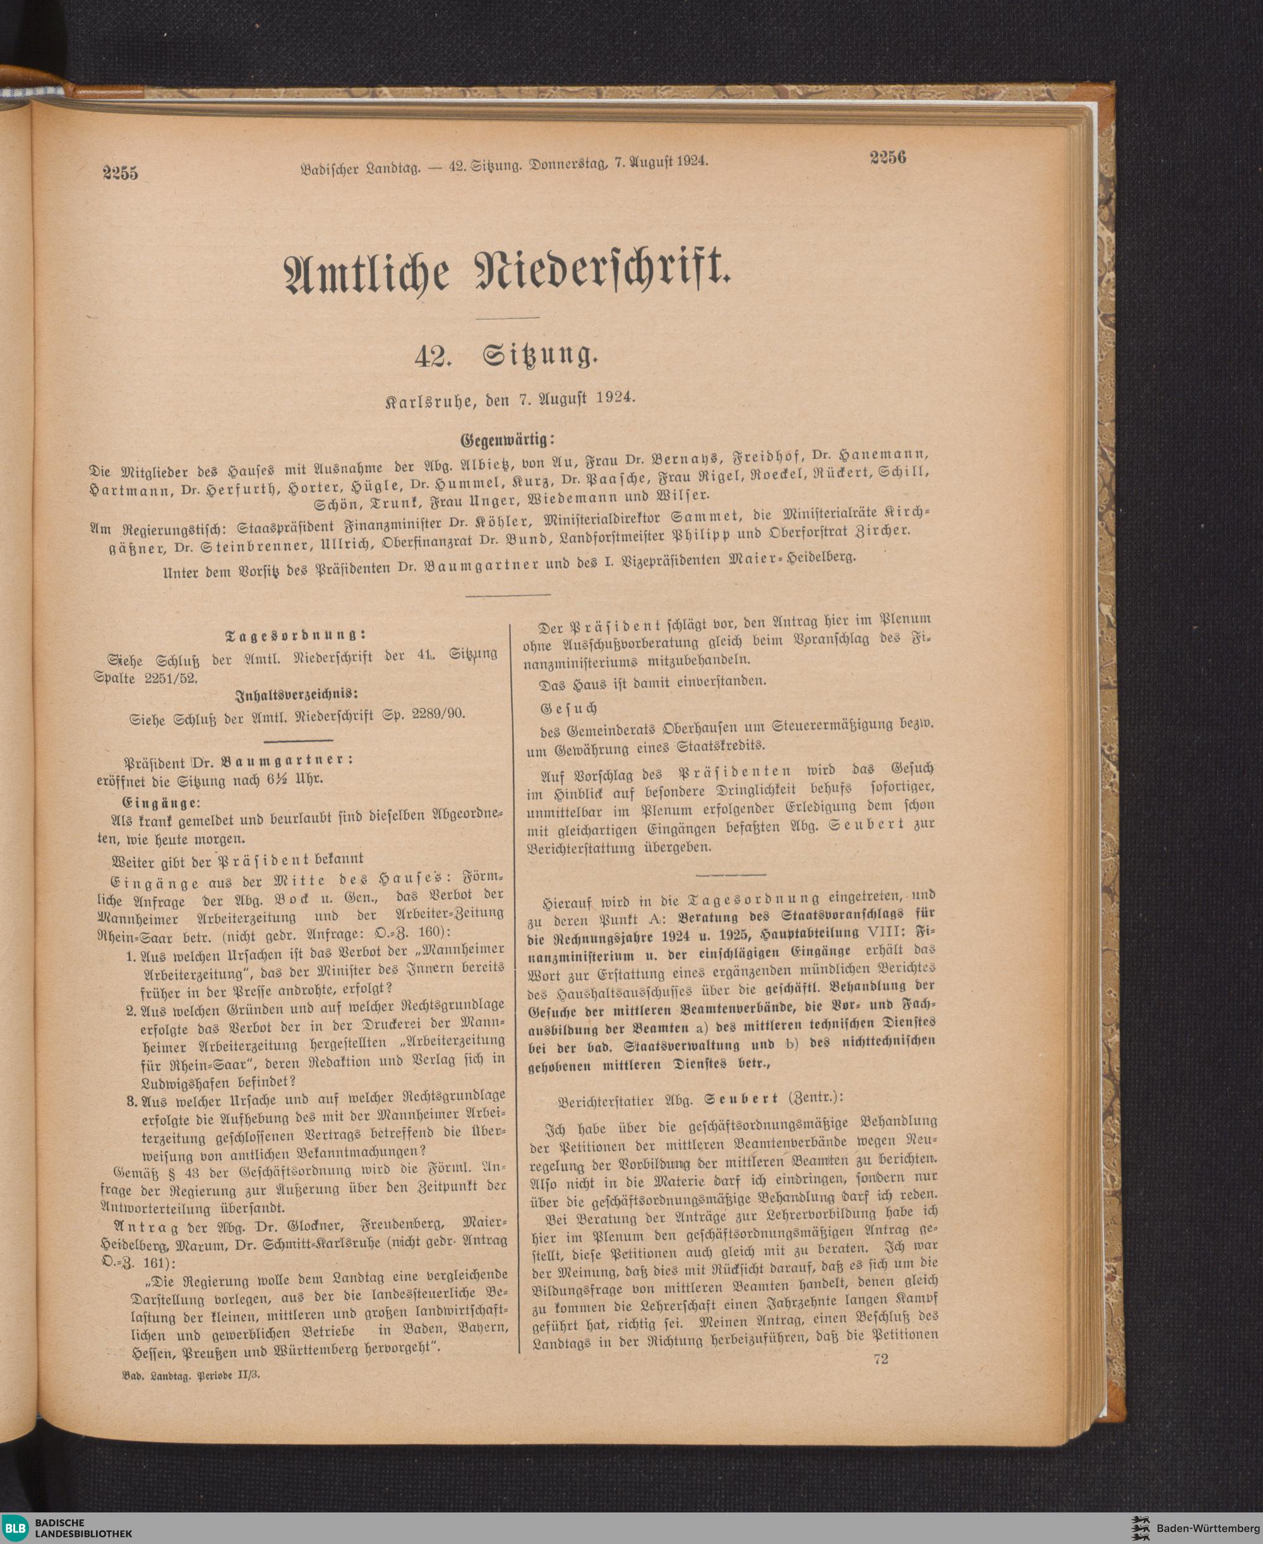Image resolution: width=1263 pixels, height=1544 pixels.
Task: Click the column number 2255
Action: (x=120, y=173)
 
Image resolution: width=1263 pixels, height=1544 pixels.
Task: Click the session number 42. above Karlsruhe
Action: (x=436, y=357)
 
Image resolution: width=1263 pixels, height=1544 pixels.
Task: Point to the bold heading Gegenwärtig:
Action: (x=507, y=440)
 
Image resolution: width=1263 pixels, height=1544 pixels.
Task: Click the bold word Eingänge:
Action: (x=160, y=803)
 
